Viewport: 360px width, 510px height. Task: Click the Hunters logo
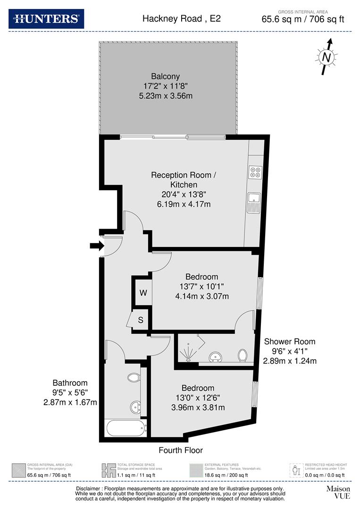click(x=46, y=19)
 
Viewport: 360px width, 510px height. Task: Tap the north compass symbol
click(x=326, y=57)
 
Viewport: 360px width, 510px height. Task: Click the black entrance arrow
click(x=96, y=246)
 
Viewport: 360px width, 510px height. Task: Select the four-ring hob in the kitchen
click(x=255, y=172)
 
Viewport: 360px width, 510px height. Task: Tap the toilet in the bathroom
click(x=134, y=378)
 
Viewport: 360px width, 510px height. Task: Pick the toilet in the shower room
click(x=243, y=355)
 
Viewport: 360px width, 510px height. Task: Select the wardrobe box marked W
click(x=143, y=292)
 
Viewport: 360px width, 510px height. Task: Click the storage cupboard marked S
click(x=141, y=320)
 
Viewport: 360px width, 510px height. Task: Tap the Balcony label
click(x=165, y=76)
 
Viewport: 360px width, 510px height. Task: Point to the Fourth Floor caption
click(x=181, y=450)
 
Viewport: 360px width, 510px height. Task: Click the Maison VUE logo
click(x=338, y=493)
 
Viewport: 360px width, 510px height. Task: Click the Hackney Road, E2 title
click(x=182, y=19)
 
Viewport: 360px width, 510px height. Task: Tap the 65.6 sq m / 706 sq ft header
click(x=303, y=19)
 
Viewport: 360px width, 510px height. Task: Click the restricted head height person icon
click(x=296, y=470)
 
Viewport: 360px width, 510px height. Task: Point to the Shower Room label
click(x=289, y=341)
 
